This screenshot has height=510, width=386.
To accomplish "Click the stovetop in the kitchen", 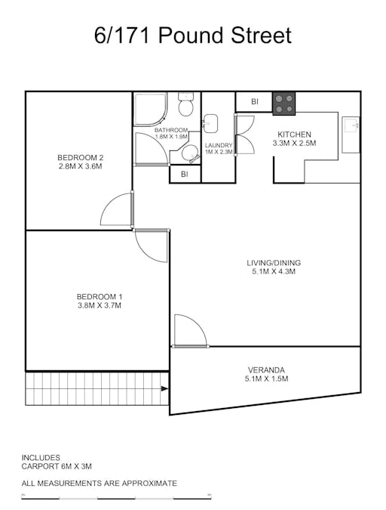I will [x=284, y=104].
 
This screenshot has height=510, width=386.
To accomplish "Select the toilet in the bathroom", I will [x=186, y=100].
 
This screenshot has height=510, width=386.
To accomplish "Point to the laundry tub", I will [x=211, y=123].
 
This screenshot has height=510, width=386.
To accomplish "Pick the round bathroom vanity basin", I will [x=185, y=155].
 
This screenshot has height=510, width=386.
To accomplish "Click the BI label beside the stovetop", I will [x=255, y=101].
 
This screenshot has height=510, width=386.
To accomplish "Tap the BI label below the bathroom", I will [x=185, y=175].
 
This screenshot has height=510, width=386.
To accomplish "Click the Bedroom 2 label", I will [x=80, y=157].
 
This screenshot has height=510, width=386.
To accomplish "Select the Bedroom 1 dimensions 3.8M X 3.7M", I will [x=99, y=306].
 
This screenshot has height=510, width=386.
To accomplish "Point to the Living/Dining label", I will [x=274, y=263].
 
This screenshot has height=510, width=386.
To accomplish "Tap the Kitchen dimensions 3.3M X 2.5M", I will [x=294, y=143].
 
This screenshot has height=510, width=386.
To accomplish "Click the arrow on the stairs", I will [x=164, y=388].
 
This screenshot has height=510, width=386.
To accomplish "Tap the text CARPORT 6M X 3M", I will [x=57, y=467].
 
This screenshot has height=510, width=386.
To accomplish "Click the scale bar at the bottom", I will [x=117, y=498].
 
